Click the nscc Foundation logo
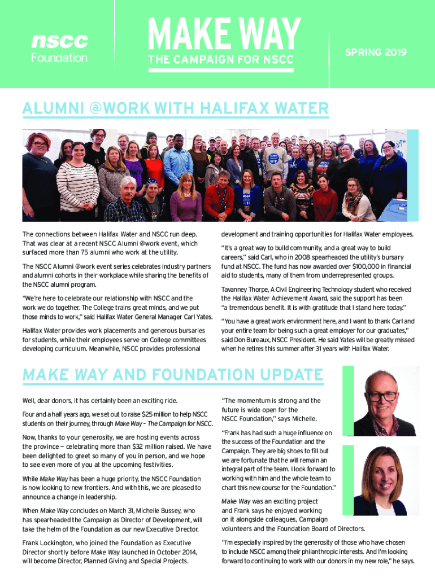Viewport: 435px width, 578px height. [x=59, y=48]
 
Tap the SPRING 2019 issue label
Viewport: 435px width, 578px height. [x=376, y=52]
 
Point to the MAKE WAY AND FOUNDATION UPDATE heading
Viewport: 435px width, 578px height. [x=172, y=375]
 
